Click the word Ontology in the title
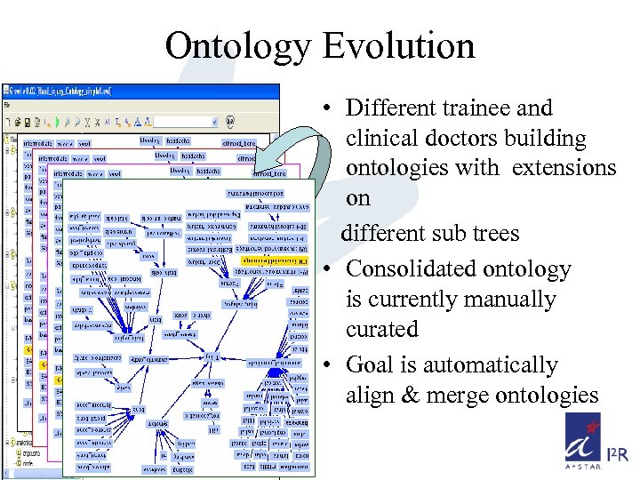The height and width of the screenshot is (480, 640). pyautogui.click(x=236, y=46)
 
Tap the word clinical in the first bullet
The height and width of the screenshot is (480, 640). pyautogui.click(x=387, y=139)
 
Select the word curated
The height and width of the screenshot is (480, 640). pyautogui.click(x=382, y=329)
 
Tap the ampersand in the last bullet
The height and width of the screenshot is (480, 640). pyautogui.click(x=411, y=396)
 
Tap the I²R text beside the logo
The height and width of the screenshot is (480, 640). pyautogui.click(x=618, y=456)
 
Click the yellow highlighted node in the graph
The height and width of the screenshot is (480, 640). pyautogui.click(x=275, y=260)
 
